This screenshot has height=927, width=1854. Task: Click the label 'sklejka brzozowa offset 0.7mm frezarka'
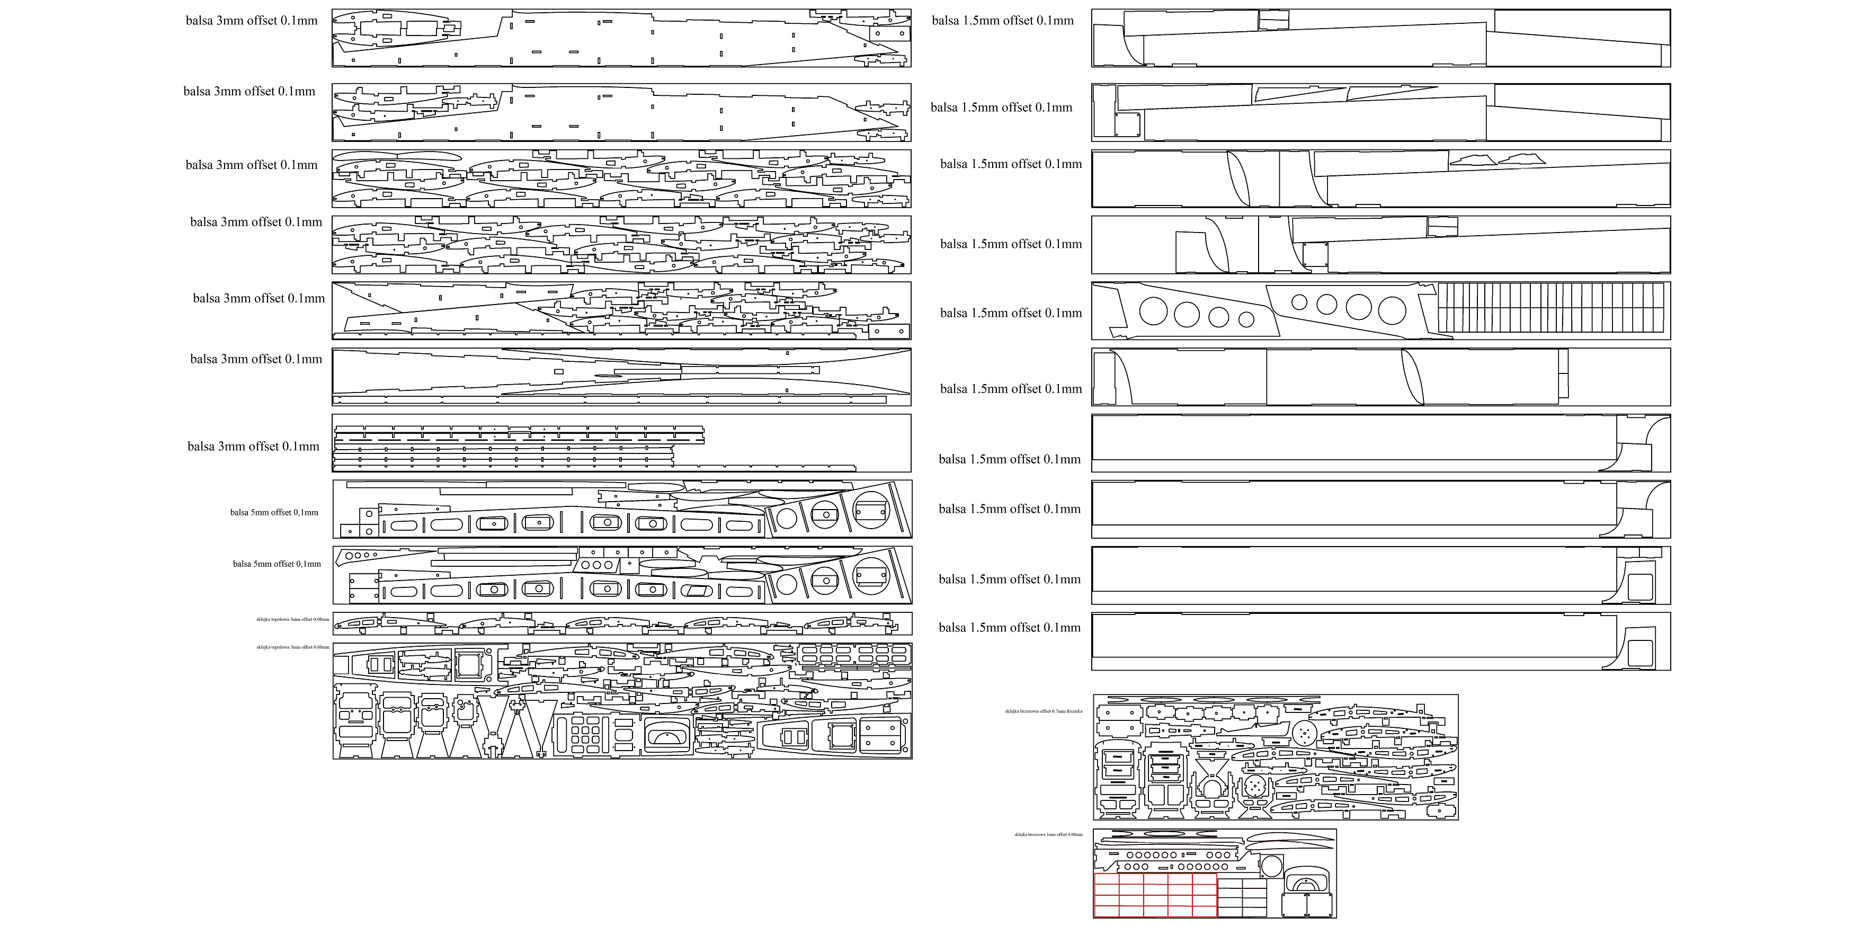(1043, 711)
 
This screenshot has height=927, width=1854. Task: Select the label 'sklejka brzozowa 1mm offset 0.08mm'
(1048, 834)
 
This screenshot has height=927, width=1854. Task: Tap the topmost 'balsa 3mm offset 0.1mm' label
(251, 21)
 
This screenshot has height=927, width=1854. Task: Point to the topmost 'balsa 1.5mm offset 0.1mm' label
(1003, 21)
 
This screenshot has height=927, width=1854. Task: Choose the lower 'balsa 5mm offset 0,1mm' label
(277, 564)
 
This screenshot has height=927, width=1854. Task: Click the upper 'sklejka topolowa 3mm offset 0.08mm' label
(292, 619)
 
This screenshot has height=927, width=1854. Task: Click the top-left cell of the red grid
(1106, 881)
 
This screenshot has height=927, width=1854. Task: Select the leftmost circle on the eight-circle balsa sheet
(1153, 311)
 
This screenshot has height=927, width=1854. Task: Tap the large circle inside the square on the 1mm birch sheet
(1272, 866)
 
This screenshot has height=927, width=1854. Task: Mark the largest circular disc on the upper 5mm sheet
(871, 510)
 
